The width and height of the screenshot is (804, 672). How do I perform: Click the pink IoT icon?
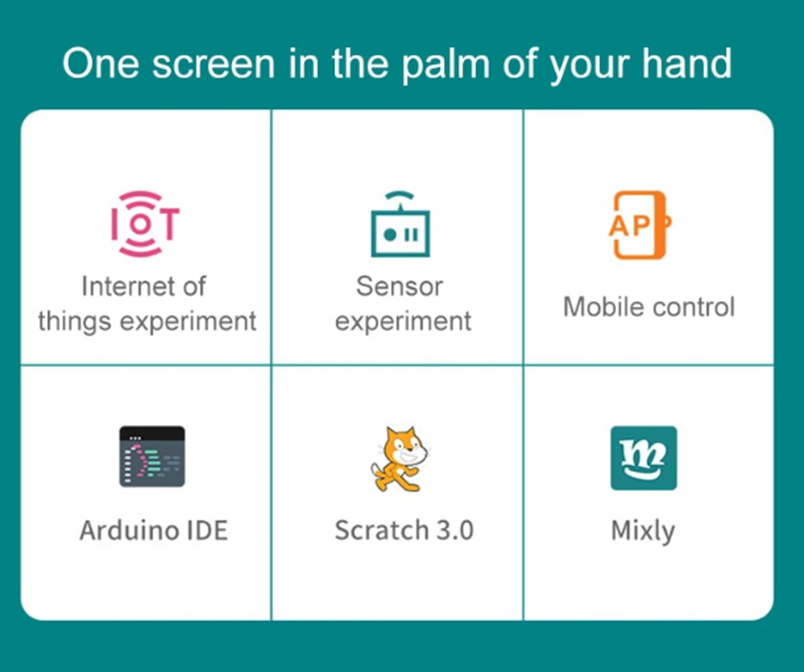click(145, 224)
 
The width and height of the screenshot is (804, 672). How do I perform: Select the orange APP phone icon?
click(639, 225)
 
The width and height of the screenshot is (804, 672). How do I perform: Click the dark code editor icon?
click(152, 456)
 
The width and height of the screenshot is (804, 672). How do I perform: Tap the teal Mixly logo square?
click(643, 458)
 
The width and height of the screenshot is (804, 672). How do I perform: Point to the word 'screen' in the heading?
click(214, 64)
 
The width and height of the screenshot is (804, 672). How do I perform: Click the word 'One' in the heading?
click(101, 63)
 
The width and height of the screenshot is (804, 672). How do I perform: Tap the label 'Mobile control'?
click(649, 307)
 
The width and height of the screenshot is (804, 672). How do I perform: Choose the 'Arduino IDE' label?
click(154, 530)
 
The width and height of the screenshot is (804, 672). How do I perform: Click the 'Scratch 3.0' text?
click(404, 530)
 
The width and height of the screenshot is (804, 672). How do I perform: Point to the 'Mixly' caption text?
click(643, 532)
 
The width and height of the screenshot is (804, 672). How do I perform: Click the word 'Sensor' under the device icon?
click(399, 286)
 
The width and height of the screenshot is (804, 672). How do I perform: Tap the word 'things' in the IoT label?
click(75, 322)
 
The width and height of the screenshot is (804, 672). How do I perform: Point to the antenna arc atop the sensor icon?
click(399, 196)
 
